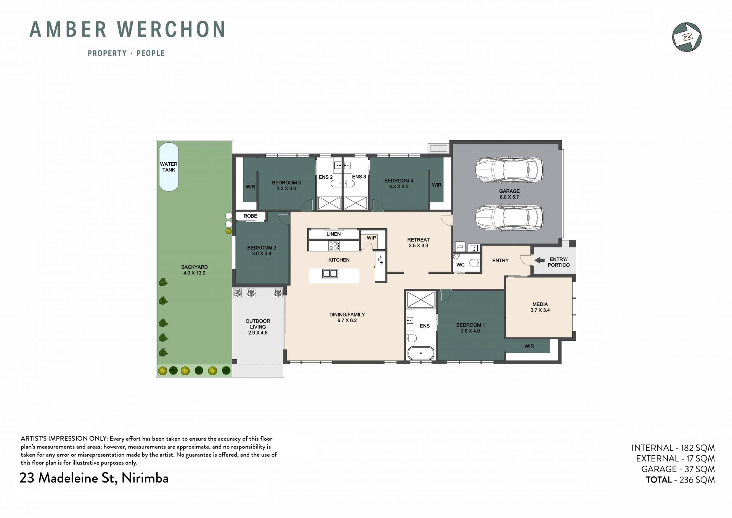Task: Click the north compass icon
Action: tap(687, 37)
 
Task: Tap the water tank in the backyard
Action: tap(169, 167)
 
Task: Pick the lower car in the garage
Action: tap(509, 218)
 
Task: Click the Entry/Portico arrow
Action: tap(539, 260)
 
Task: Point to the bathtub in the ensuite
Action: tap(421, 353)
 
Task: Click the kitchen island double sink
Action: tap(330, 273)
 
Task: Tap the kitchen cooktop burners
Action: tap(334, 246)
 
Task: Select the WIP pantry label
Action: tap(371, 238)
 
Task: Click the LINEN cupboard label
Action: tap(334, 234)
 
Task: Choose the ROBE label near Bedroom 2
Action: tap(250, 216)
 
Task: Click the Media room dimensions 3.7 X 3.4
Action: tap(540, 310)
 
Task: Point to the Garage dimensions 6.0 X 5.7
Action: tap(509, 197)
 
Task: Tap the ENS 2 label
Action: tap(326, 177)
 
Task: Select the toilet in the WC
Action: tap(474, 263)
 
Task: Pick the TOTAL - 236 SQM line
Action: tap(680, 480)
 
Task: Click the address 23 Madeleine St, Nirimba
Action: tap(94, 478)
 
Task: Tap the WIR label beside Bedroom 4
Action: tap(437, 185)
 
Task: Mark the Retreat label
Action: tap(418, 240)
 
